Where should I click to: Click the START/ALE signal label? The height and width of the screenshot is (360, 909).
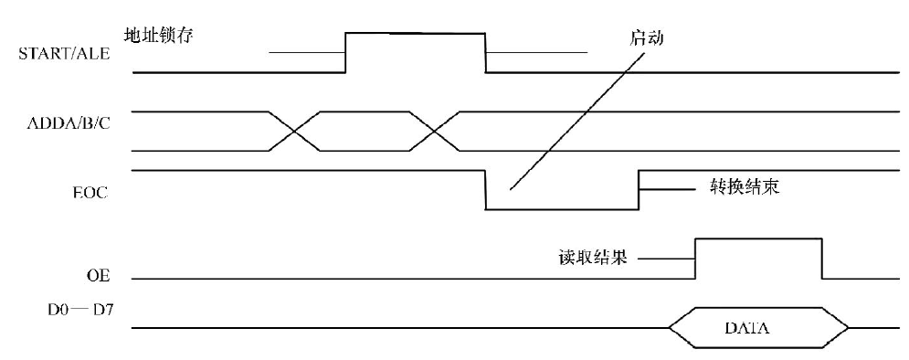(x=64, y=54)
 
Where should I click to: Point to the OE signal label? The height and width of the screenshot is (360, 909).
(x=95, y=278)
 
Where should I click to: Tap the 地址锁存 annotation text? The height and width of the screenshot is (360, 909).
(x=158, y=36)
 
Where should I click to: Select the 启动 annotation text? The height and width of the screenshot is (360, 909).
(x=646, y=38)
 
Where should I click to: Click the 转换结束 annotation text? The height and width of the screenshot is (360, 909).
(x=745, y=186)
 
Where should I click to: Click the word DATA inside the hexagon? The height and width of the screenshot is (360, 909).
(x=747, y=328)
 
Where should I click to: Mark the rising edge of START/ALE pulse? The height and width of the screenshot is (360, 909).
(x=345, y=53)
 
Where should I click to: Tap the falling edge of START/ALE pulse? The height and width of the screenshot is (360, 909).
(x=485, y=53)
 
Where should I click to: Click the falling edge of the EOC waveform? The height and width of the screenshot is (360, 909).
(x=485, y=189)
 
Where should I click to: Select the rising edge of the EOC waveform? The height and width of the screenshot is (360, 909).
(x=639, y=189)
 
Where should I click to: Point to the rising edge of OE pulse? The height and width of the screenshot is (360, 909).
(x=695, y=259)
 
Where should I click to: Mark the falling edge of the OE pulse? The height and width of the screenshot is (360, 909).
(x=822, y=259)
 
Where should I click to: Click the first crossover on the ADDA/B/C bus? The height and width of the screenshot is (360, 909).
(x=294, y=131)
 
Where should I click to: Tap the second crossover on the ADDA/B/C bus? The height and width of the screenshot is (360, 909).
(x=434, y=131)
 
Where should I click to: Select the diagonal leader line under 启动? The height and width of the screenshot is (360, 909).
(x=577, y=122)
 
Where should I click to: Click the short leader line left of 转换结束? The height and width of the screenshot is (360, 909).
(x=667, y=189)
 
